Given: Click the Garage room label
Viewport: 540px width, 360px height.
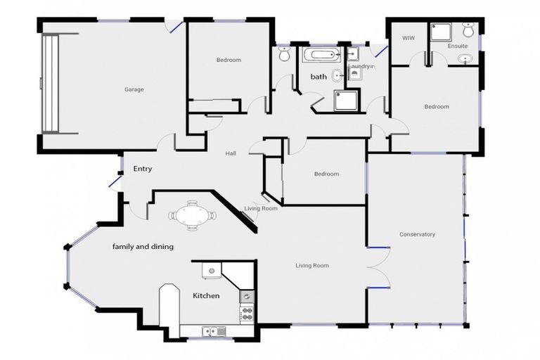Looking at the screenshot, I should (x=134, y=89).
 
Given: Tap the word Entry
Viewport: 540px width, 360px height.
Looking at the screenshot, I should (x=143, y=169).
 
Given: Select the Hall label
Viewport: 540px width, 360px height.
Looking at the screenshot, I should (x=231, y=153).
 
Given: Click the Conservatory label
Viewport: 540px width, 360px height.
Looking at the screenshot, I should (x=417, y=234).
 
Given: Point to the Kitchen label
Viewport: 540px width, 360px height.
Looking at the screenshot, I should (x=206, y=296).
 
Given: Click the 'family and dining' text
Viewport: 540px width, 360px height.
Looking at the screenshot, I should (x=143, y=247).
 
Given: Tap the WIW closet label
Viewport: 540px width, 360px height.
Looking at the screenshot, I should (x=408, y=37).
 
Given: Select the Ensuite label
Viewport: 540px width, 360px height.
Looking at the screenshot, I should (x=458, y=46).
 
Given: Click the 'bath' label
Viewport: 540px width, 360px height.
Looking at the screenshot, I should (x=319, y=77).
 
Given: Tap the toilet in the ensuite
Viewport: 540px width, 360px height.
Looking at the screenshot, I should (x=469, y=30).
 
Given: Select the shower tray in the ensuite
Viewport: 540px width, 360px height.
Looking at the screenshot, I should (x=441, y=31).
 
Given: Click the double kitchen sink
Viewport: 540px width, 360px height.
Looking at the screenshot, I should (x=212, y=331).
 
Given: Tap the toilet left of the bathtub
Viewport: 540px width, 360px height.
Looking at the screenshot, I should (x=283, y=53).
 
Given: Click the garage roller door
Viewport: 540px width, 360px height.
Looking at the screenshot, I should (x=50, y=83).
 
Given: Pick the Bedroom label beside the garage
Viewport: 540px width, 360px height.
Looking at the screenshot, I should (x=229, y=60).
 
